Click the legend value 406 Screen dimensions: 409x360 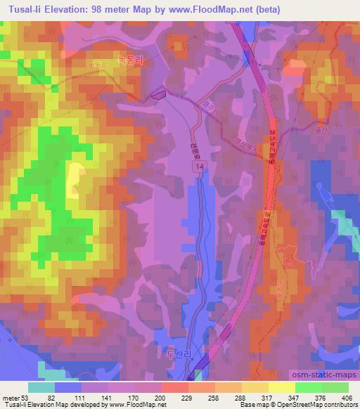[347, 397]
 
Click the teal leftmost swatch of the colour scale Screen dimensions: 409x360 [41, 387]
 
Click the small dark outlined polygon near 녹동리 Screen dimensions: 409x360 [159, 92]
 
